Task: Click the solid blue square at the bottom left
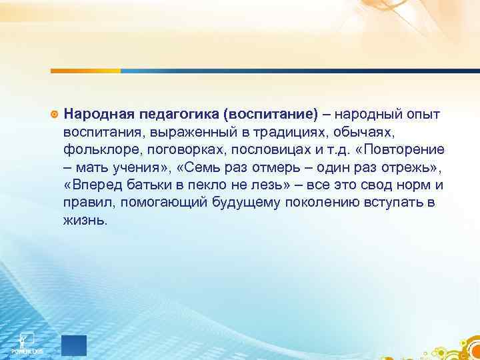pyautogui.click(x=74, y=345)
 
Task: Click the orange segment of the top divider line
pyautogui.click(x=86, y=70)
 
